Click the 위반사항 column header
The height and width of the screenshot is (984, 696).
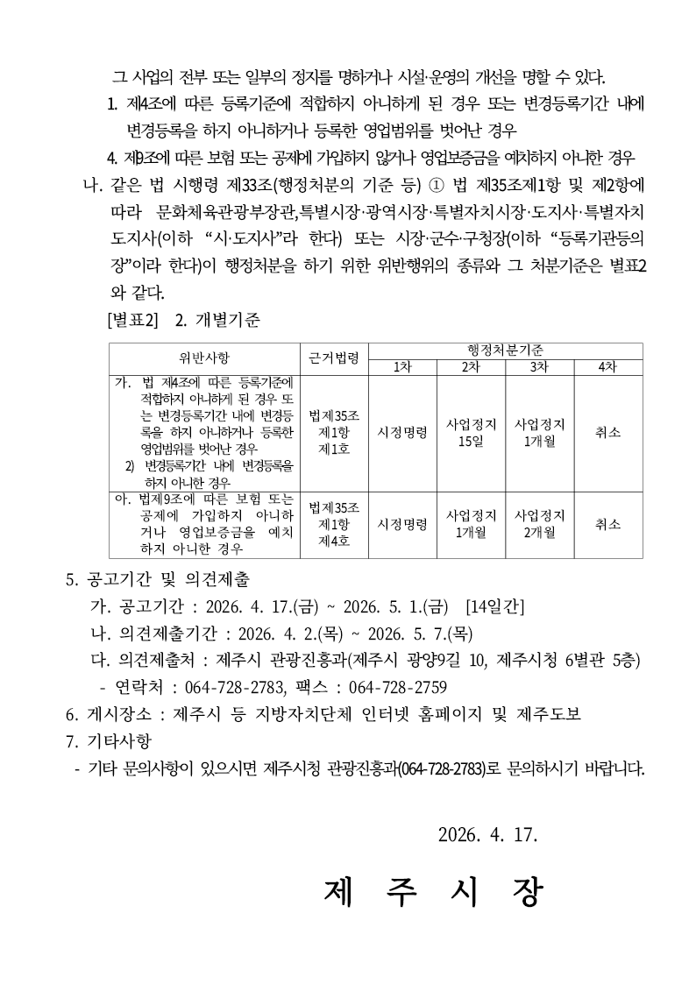(x=203, y=358)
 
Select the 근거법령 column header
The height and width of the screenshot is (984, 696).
(x=334, y=358)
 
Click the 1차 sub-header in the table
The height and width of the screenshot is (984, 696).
(x=402, y=367)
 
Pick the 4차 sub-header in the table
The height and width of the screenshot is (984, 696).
(x=607, y=367)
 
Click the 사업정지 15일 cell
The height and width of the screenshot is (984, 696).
(x=471, y=432)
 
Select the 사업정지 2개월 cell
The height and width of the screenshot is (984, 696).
(x=539, y=523)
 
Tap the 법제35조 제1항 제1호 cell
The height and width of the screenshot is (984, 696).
(x=334, y=432)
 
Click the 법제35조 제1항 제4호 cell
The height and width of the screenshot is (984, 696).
(x=334, y=523)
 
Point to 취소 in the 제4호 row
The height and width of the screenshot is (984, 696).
(x=607, y=524)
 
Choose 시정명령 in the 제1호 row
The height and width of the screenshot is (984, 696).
(x=402, y=432)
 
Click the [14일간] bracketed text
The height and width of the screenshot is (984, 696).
(x=496, y=605)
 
